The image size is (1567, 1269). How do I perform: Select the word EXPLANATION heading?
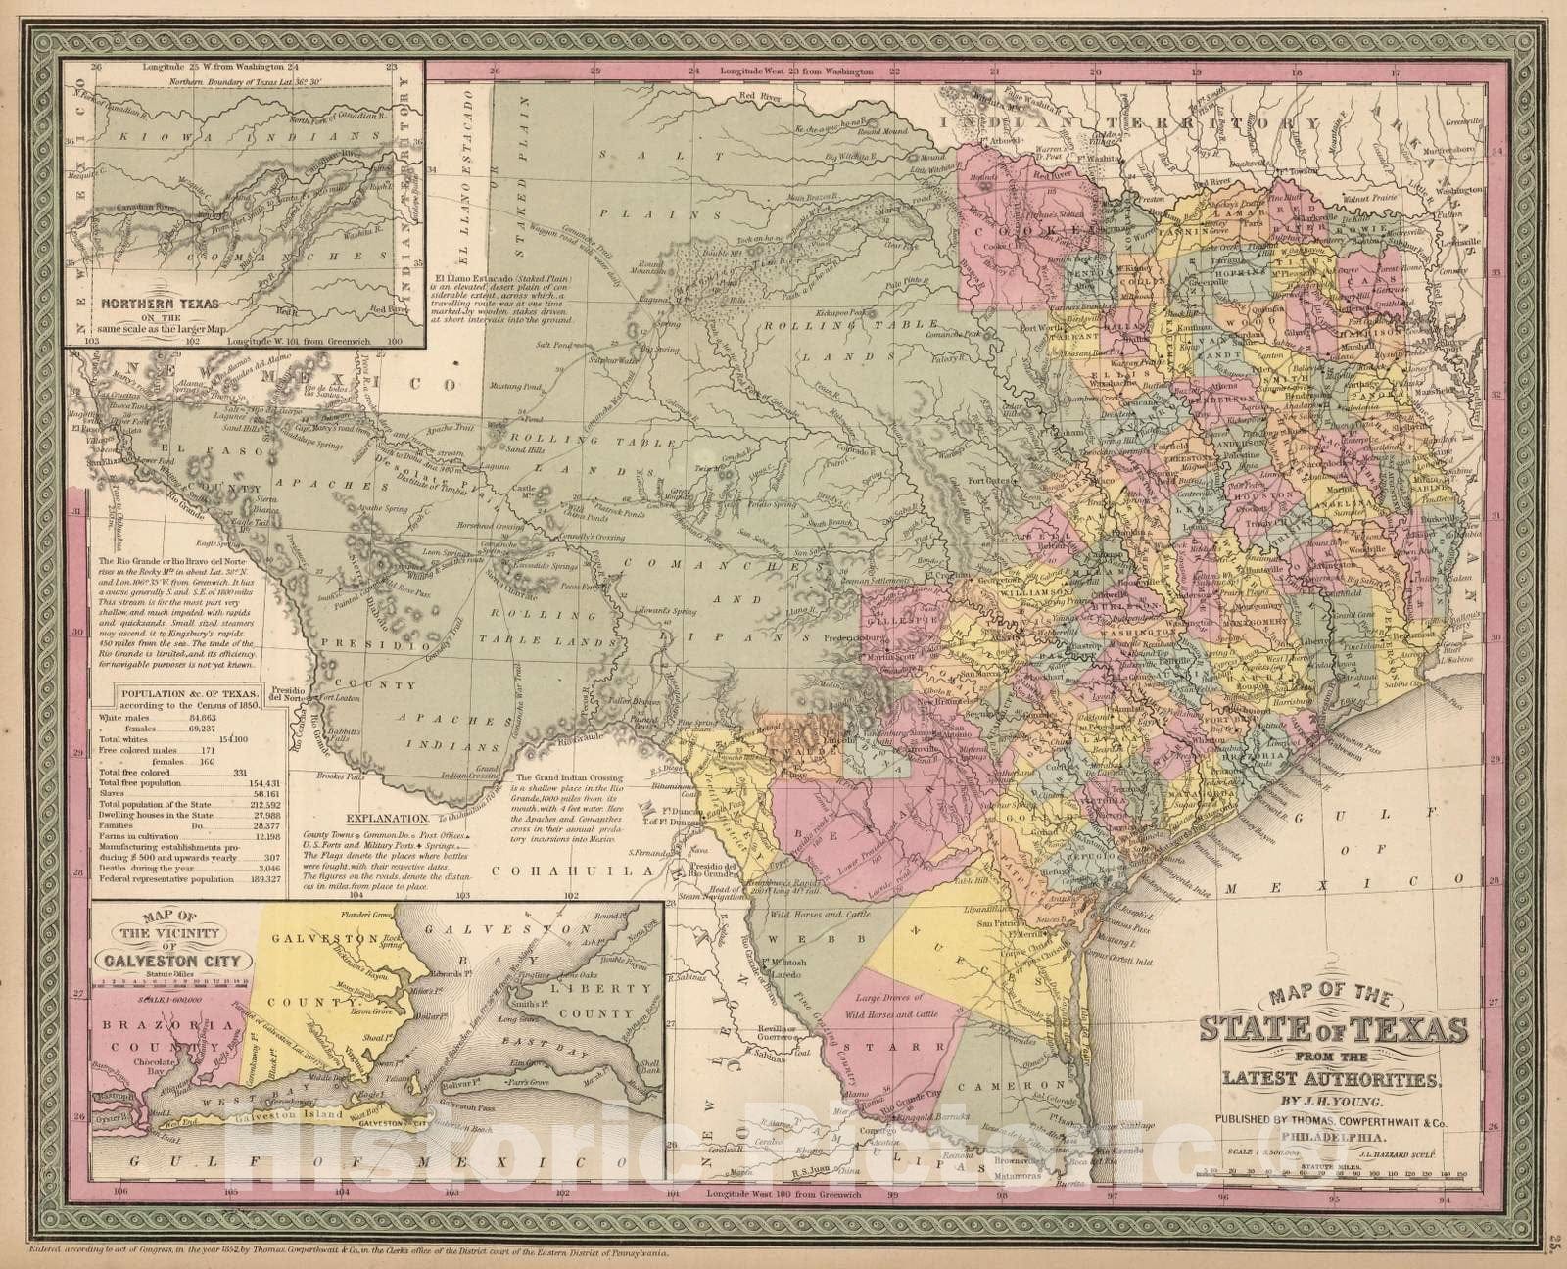(x=385, y=816)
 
